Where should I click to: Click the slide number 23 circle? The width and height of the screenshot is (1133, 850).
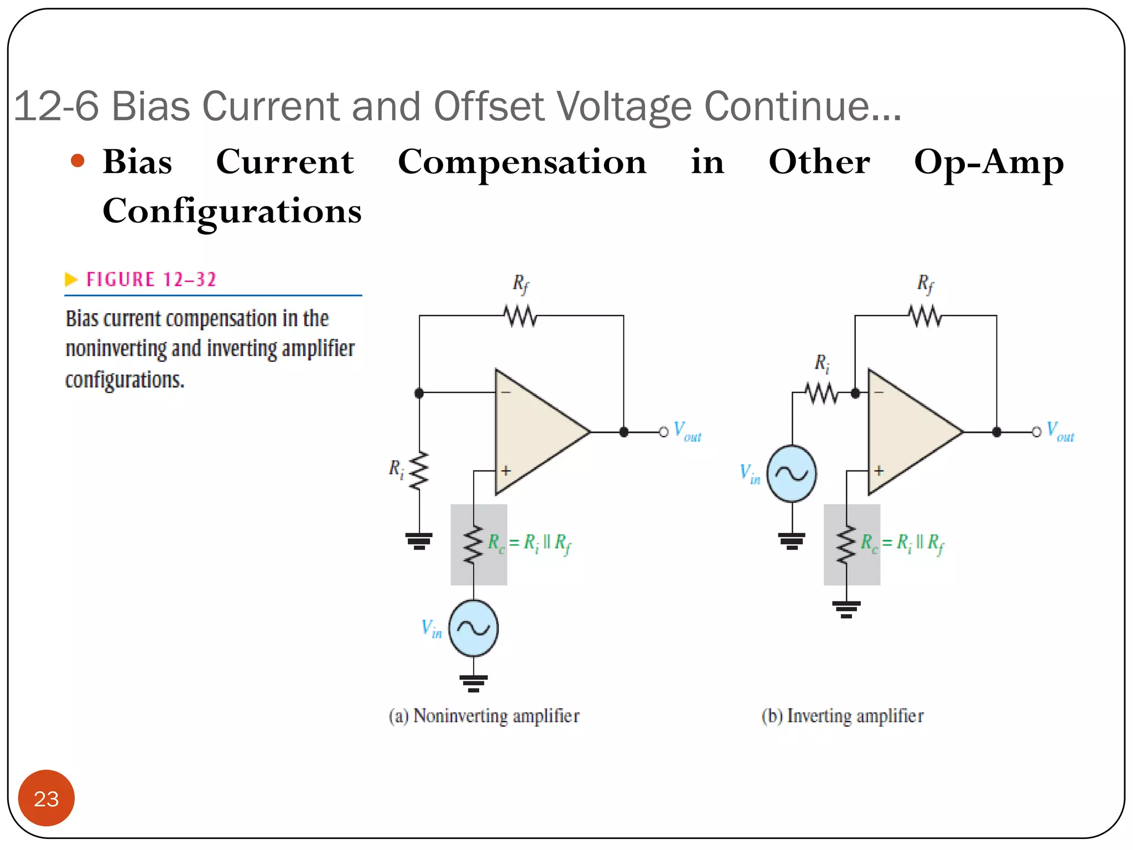[46, 798]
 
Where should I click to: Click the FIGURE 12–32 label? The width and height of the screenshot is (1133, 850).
[151, 279]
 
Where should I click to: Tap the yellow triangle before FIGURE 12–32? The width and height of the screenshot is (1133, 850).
[71, 279]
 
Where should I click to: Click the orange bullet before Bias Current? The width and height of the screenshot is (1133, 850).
[77, 161]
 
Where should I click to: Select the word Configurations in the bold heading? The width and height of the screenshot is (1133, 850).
[232, 211]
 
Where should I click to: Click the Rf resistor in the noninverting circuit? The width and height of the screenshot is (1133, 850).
[520, 316]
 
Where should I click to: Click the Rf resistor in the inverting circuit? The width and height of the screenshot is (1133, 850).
[925, 316]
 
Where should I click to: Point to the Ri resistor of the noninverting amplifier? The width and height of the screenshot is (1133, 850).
[419, 470]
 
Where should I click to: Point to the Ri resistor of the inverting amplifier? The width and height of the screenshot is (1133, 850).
[822, 393]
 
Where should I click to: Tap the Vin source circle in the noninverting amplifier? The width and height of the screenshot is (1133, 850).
[474, 628]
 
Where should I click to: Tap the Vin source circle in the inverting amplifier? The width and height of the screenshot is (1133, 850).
[792, 474]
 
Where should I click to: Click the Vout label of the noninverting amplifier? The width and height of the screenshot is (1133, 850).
[687, 432]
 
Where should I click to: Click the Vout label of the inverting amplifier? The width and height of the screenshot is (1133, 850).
[1059, 432]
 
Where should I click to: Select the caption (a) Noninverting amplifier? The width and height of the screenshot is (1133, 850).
[484, 716]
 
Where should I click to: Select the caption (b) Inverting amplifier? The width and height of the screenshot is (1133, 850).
[842, 716]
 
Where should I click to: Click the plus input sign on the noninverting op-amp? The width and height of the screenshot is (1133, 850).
[506, 470]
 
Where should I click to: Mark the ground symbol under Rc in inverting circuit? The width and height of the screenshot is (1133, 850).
[846, 609]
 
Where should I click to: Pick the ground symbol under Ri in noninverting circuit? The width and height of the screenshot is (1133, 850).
[419, 540]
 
